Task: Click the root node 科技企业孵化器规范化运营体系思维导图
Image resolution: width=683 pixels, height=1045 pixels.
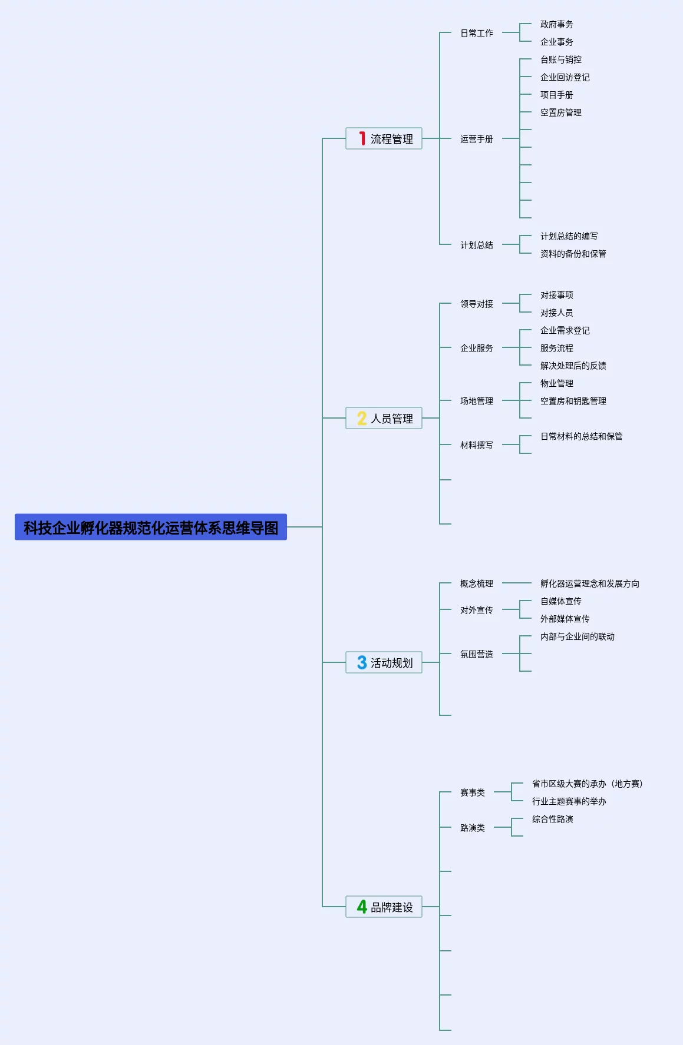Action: coord(151,527)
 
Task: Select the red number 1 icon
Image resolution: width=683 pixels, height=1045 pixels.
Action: coord(362,138)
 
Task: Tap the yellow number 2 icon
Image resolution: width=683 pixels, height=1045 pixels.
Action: coord(362,418)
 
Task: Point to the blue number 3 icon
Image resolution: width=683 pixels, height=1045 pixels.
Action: coord(362,662)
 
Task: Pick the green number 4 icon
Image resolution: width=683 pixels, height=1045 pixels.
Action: coord(362,907)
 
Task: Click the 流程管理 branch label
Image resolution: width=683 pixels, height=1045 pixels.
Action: coord(392,139)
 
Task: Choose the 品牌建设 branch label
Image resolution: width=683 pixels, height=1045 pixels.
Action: coord(392,907)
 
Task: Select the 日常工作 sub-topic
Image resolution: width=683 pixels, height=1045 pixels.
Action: coord(477,33)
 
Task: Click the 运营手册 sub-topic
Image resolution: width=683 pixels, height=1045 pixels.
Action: coord(477,139)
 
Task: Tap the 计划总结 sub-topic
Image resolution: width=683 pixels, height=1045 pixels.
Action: coord(477,245)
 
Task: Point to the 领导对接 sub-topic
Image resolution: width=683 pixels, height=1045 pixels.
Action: coord(477,304)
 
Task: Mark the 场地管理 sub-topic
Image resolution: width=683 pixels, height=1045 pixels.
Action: coord(477,401)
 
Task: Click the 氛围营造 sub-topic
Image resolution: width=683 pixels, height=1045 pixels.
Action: coord(477,654)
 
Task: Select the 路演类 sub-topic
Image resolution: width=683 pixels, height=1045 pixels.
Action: coord(473,828)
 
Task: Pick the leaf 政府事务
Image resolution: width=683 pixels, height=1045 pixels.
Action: coord(557,24)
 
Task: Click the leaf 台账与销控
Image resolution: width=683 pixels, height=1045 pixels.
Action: coord(561,59)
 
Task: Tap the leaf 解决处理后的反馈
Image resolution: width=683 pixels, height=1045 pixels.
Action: coord(573,366)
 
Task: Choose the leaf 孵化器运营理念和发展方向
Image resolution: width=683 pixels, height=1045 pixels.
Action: coord(590,583)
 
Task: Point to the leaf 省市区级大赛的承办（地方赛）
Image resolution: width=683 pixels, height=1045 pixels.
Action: coord(588,784)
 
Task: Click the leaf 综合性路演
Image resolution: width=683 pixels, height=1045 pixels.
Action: coord(553,819)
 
